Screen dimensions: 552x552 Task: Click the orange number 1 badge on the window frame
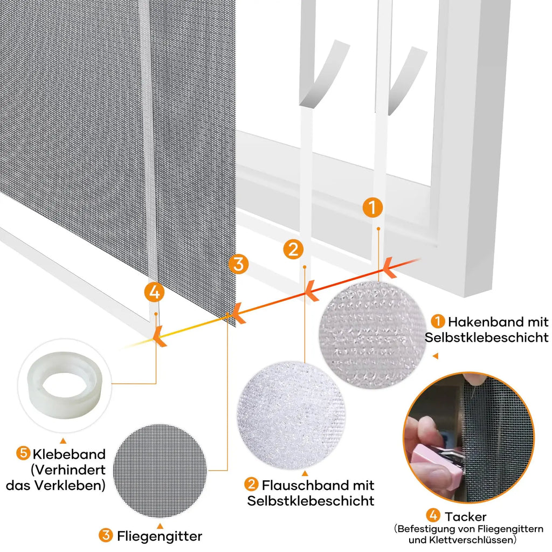point(372,208)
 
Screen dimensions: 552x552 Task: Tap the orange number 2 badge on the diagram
point(293,249)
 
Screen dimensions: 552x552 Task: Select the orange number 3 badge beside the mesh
point(238,264)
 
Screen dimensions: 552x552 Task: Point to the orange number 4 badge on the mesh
point(154,292)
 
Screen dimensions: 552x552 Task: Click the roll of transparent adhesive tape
point(65,385)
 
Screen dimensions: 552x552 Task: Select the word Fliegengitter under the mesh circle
point(160,536)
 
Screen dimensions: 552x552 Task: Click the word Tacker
point(465,516)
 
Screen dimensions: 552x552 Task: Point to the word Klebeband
point(69,454)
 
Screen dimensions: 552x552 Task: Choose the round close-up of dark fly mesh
point(160,471)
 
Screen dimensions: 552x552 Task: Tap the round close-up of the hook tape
point(372,335)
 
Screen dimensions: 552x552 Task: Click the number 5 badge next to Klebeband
point(23,453)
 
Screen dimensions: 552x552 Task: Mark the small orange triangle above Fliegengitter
point(160,526)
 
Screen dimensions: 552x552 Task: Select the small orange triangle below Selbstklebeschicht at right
point(436,356)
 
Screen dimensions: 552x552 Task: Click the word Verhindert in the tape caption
point(68,470)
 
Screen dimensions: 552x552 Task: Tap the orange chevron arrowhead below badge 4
point(159,336)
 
